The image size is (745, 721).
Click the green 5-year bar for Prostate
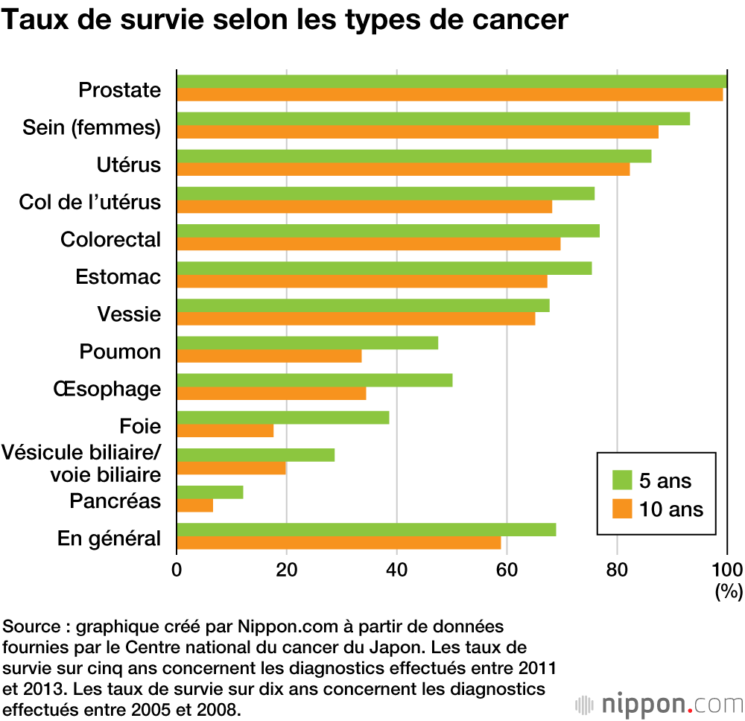point(451,81)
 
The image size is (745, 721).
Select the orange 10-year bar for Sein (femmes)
point(417,132)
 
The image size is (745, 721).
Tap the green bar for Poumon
point(307,343)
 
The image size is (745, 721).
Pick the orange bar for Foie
point(225,431)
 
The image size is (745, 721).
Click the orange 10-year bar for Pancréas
point(194,506)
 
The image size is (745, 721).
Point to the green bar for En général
point(366,530)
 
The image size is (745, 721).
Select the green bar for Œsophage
point(314,380)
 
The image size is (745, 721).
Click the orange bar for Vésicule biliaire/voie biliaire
point(231,468)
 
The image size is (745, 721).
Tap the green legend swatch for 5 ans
point(621,480)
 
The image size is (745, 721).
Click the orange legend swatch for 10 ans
point(621,509)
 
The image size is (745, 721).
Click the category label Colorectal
point(110,240)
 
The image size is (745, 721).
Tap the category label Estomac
point(118,277)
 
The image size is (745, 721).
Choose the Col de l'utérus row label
point(89,202)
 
